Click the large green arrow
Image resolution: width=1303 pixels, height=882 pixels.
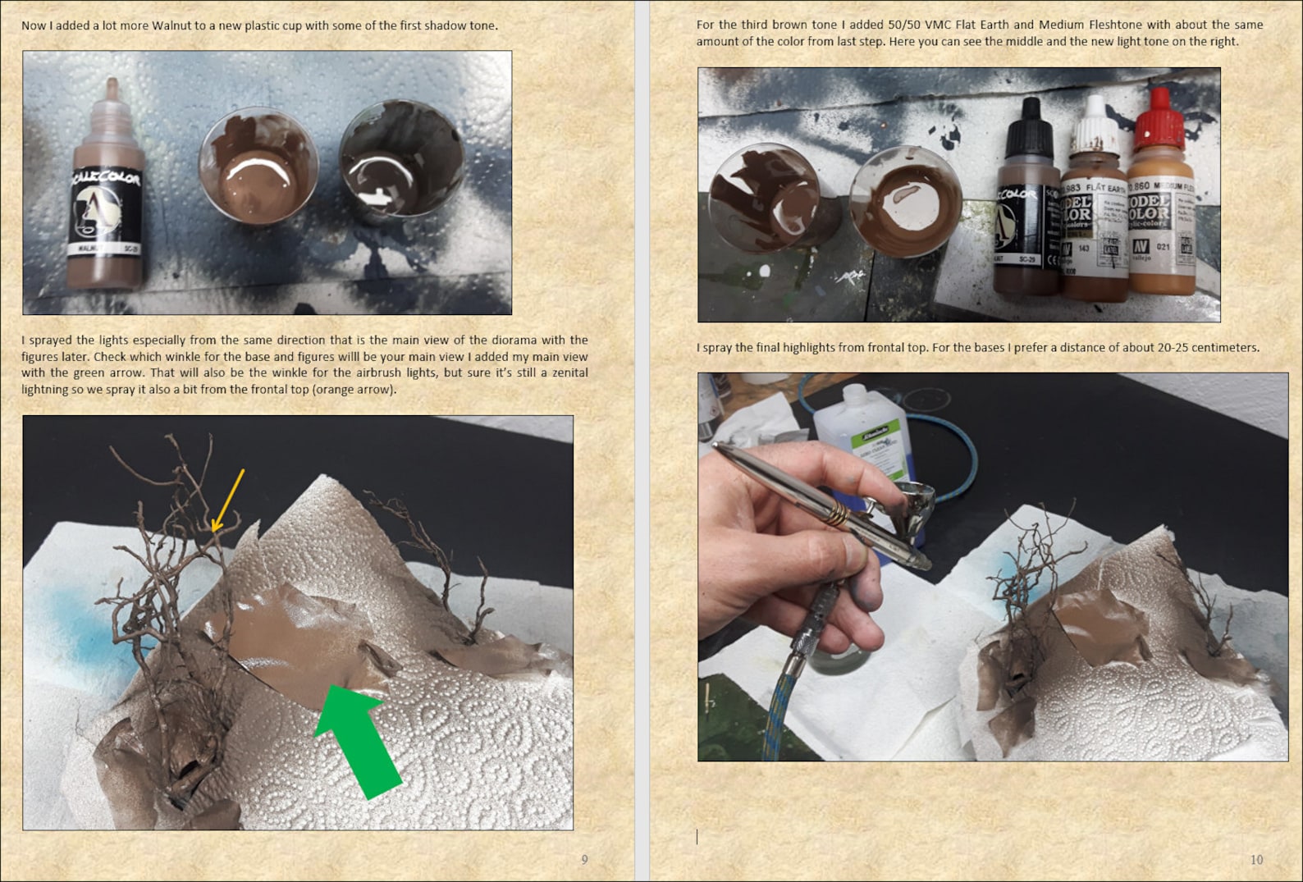point(356,734)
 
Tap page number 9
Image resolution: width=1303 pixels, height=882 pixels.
point(584,860)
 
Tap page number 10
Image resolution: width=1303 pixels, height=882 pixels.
point(1256,860)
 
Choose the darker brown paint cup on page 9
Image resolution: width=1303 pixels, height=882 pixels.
point(401,160)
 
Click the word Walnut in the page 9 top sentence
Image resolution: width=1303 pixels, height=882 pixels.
point(177,25)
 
